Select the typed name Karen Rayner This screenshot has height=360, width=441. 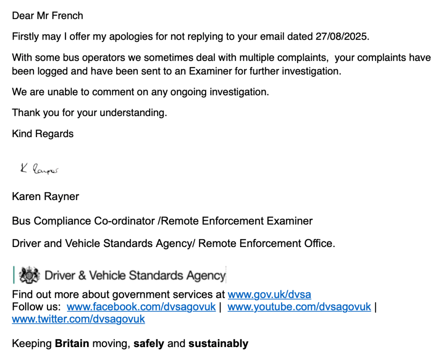point(45,197)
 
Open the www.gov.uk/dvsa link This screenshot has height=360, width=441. point(269,295)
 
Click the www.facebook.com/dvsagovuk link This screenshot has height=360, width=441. point(141,307)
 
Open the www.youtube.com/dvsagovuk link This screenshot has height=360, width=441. point(299,307)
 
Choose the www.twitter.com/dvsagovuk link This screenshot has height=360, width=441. point(78,319)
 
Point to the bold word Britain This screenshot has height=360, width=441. point(72,344)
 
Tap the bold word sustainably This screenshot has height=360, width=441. point(218,344)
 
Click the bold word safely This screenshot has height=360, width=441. point(149,344)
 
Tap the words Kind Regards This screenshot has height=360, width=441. point(43,134)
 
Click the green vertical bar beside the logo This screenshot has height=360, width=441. point(14,275)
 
